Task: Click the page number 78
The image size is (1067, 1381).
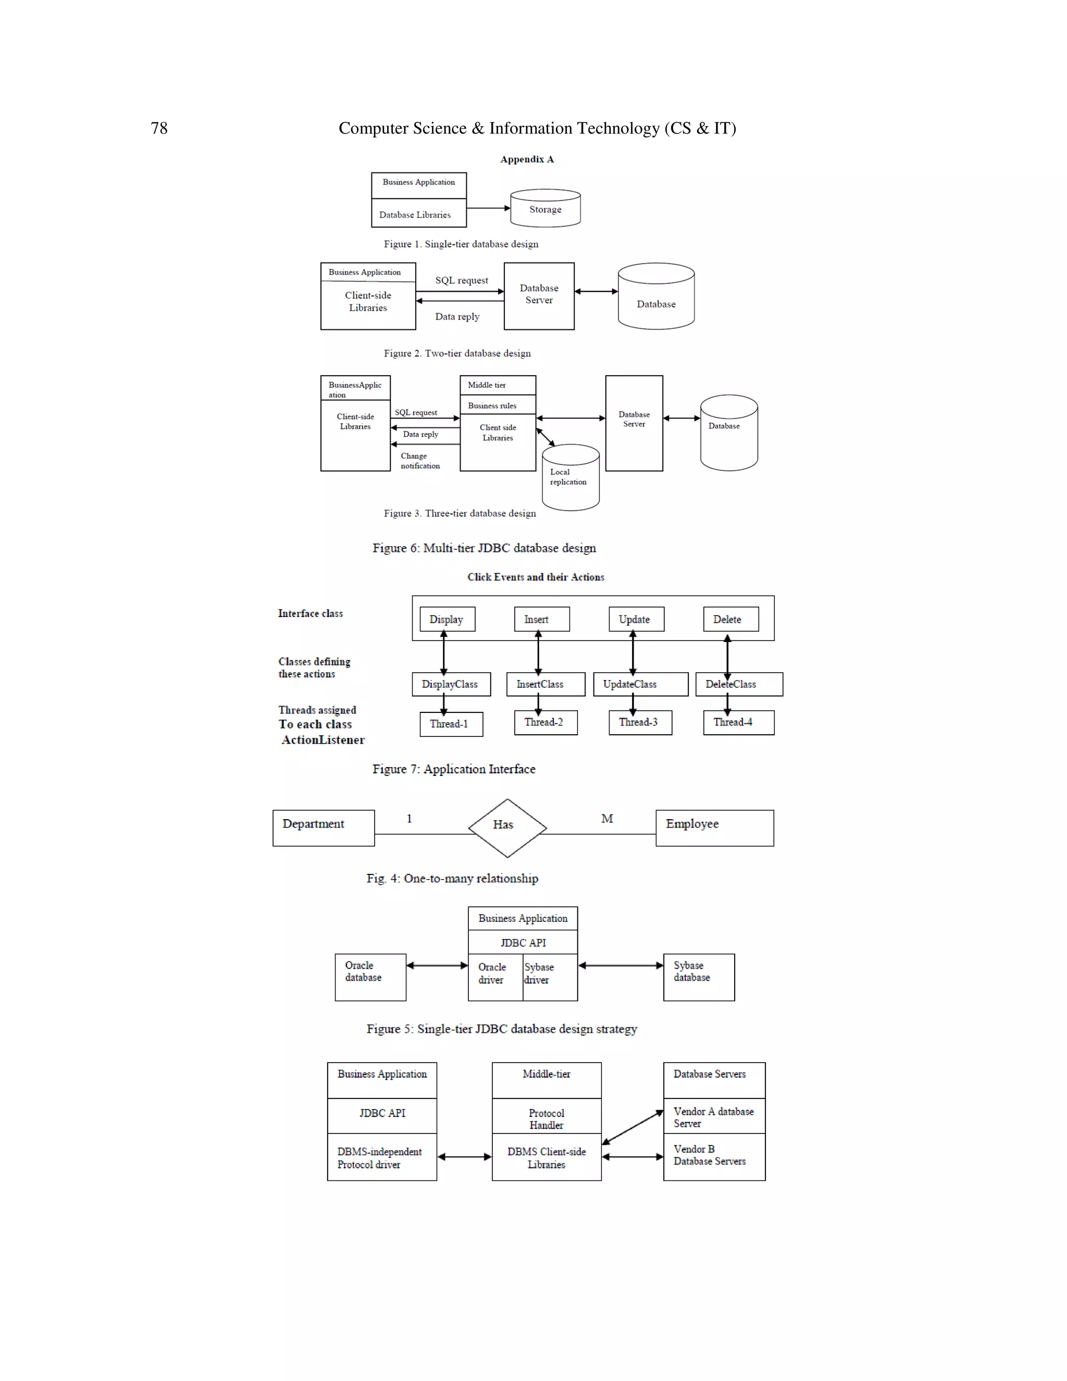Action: (x=159, y=128)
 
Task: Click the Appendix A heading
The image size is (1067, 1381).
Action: (x=527, y=159)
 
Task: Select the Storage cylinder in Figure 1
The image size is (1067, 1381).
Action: (x=545, y=208)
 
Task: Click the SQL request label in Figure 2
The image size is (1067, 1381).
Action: (x=462, y=280)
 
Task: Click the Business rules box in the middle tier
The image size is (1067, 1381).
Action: (x=498, y=405)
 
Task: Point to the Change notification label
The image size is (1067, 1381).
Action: (x=420, y=461)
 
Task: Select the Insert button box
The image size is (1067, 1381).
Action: (x=542, y=620)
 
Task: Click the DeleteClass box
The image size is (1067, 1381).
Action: (x=738, y=684)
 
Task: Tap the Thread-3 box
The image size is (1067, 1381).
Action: (x=640, y=723)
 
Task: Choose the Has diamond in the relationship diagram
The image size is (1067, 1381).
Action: (x=507, y=828)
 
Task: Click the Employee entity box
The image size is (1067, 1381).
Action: (x=714, y=828)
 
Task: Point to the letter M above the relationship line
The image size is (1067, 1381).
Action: (x=607, y=819)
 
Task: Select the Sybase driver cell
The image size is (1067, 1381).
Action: (x=549, y=977)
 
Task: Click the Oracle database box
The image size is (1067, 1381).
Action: (x=370, y=977)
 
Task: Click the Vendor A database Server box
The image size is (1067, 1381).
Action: (x=714, y=1117)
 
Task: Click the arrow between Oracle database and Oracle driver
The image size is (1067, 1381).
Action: (x=437, y=966)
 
